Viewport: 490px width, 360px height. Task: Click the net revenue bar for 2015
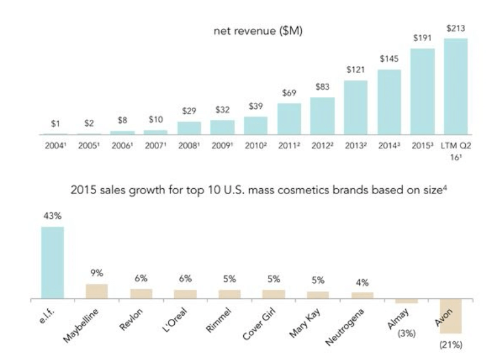click(423, 91)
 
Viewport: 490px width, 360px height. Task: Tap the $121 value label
click(355, 70)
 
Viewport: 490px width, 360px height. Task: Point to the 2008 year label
click(189, 146)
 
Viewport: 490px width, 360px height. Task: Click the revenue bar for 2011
click(289, 119)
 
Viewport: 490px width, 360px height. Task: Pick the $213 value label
click(456, 28)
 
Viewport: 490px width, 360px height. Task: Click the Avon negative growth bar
click(451, 316)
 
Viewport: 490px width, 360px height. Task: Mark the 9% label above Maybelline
click(96, 273)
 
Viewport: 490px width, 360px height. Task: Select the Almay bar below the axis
click(407, 301)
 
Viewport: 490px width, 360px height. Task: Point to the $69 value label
click(289, 93)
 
